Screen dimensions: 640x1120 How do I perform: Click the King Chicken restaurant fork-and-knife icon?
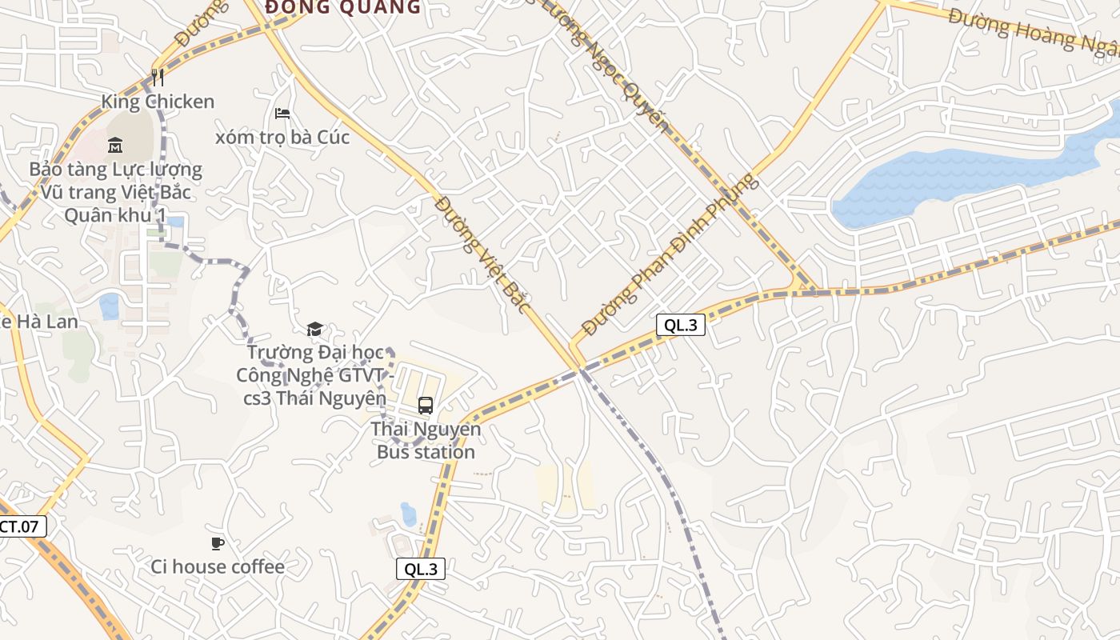tap(158, 77)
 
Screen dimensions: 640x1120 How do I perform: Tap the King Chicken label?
tap(158, 102)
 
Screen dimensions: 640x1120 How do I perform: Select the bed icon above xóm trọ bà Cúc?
tap(282, 114)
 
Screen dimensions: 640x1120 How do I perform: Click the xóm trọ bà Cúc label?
tap(282, 137)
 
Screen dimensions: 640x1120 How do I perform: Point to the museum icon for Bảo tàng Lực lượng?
tap(115, 145)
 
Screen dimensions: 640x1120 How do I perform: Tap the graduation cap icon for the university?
tap(315, 329)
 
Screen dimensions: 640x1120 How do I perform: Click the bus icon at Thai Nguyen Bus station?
tap(426, 405)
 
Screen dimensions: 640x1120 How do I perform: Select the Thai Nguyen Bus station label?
tap(426, 441)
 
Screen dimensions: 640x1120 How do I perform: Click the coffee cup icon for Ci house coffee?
tap(218, 544)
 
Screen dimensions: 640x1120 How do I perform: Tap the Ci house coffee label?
tap(218, 566)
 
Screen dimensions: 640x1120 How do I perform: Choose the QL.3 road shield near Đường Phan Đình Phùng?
tap(680, 324)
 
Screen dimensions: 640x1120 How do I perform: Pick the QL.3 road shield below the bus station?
tap(421, 569)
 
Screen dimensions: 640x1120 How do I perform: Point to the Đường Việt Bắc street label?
tap(483, 254)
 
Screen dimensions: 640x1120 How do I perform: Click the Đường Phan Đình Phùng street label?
tap(669, 254)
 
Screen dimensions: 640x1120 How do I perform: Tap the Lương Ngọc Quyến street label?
tap(616, 68)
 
